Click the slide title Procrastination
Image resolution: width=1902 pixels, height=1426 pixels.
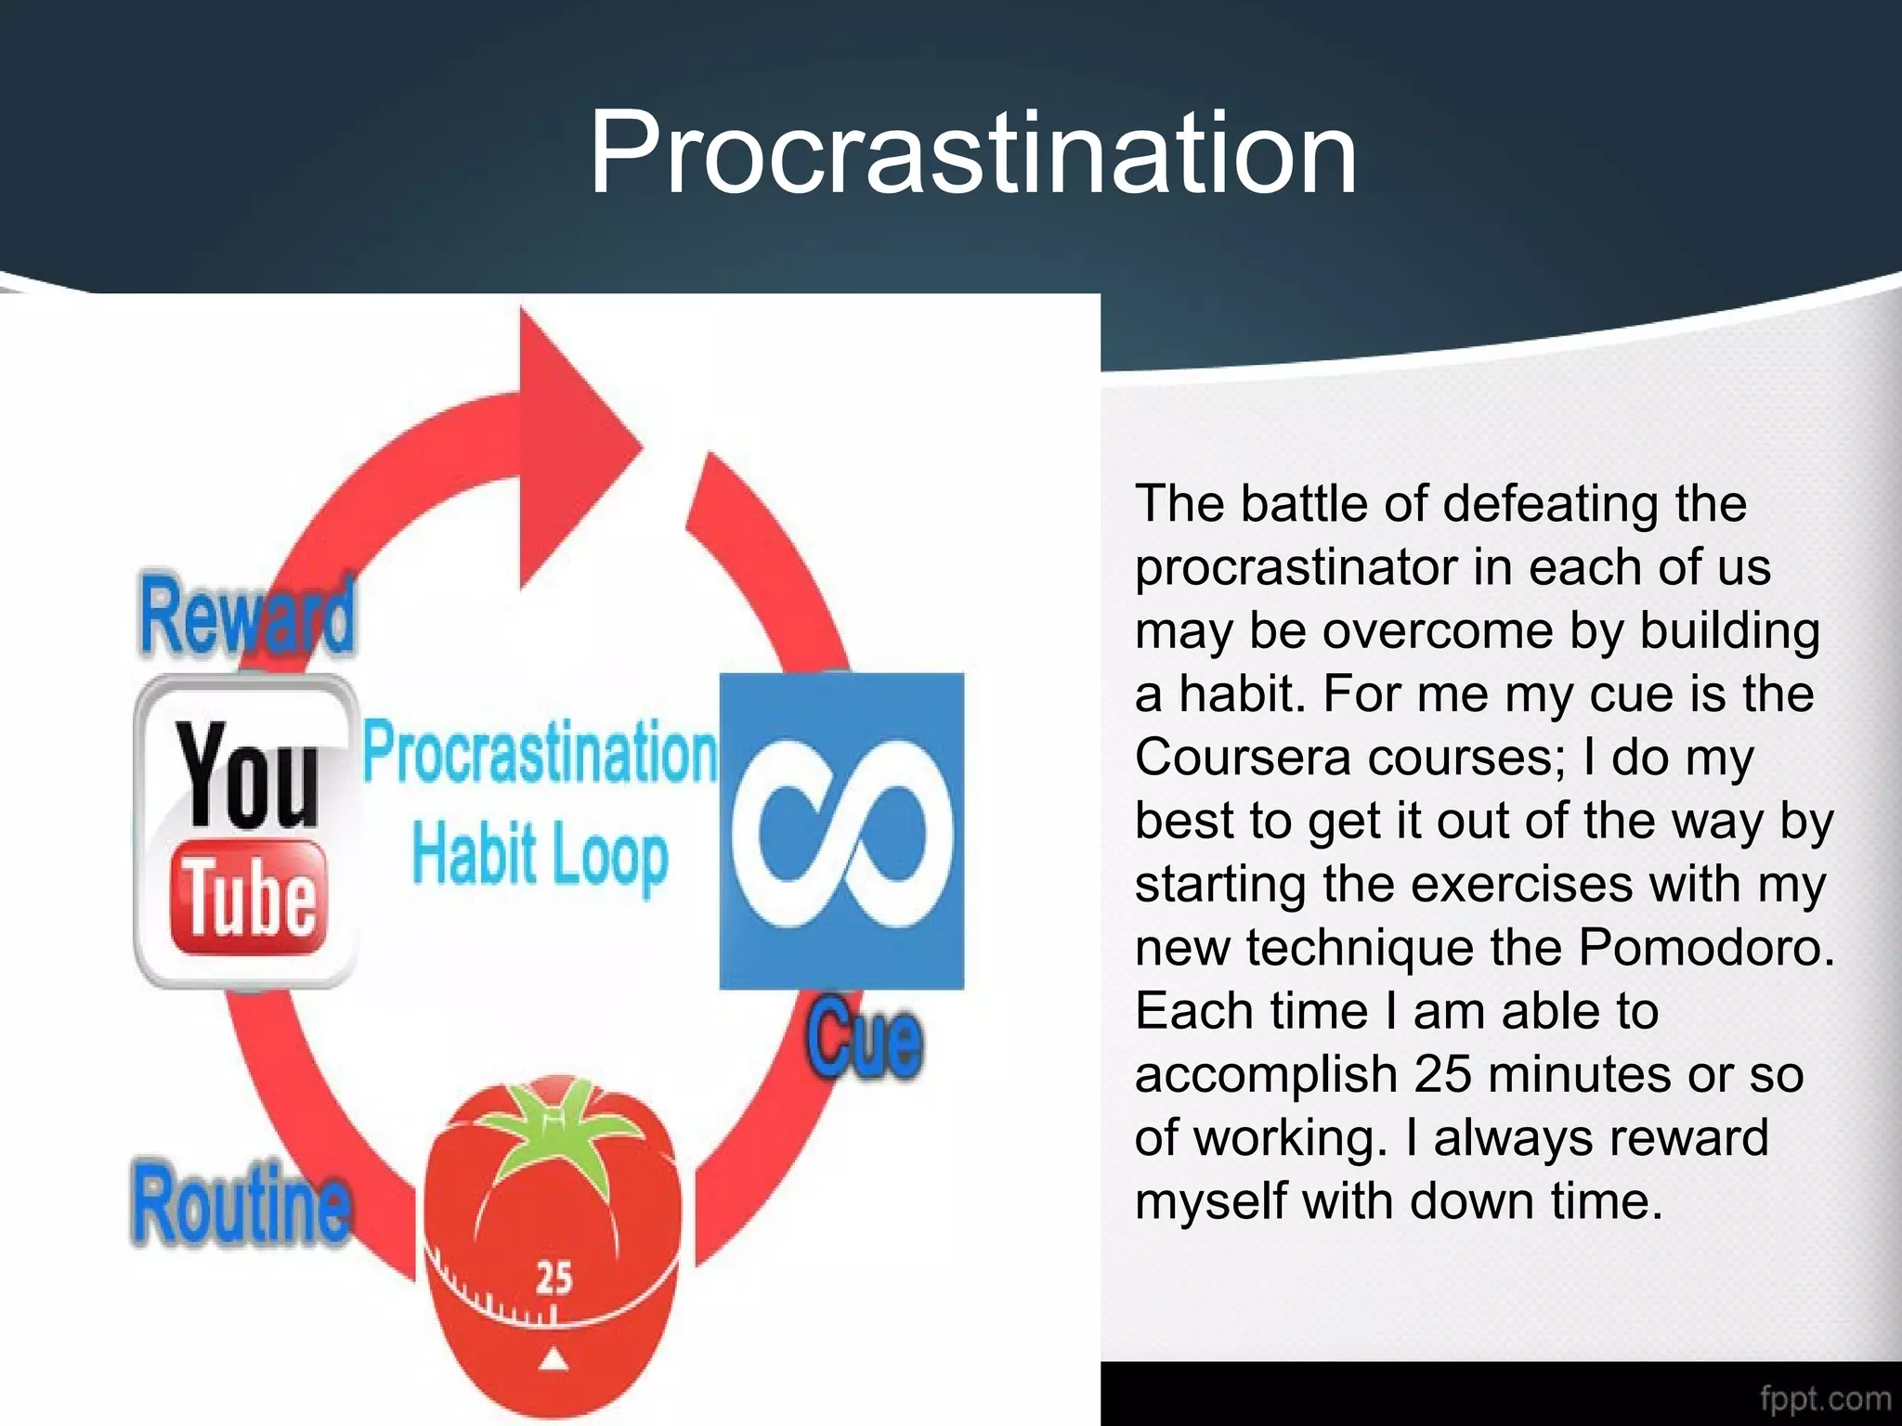click(x=972, y=153)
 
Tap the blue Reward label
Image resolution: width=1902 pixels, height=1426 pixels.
click(x=247, y=616)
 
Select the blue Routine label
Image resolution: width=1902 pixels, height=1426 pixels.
click(x=241, y=1203)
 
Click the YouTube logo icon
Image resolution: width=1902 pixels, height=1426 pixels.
click(x=247, y=831)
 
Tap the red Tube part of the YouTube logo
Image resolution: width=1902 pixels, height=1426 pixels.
click(x=249, y=897)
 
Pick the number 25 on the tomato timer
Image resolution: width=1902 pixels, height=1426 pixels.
click(x=554, y=1278)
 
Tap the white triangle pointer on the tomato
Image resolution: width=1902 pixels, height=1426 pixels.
click(x=554, y=1360)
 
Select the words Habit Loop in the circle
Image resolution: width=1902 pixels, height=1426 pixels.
click(x=540, y=854)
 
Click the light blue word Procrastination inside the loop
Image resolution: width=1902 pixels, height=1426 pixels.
click(x=540, y=753)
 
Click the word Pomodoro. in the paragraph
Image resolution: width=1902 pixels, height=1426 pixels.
click(x=1707, y=947)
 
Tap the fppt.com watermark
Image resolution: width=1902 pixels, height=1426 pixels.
click(x=1825, y=1398)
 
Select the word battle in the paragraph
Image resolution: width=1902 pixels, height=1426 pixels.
click(x=1304, y=503)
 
